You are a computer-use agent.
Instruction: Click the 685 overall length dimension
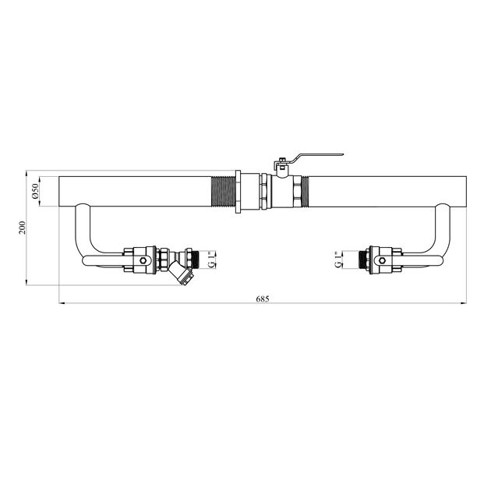[263, 298]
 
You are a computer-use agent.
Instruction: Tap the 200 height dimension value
[23, 228]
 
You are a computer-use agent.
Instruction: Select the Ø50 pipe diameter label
[35, 191]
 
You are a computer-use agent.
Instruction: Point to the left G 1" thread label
[212, 260]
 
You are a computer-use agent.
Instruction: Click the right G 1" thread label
[338, 260]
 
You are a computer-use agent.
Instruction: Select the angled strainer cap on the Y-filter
[186, 277]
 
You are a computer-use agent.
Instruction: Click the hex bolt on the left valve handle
[143, 260]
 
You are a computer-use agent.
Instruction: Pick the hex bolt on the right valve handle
[382, 260]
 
